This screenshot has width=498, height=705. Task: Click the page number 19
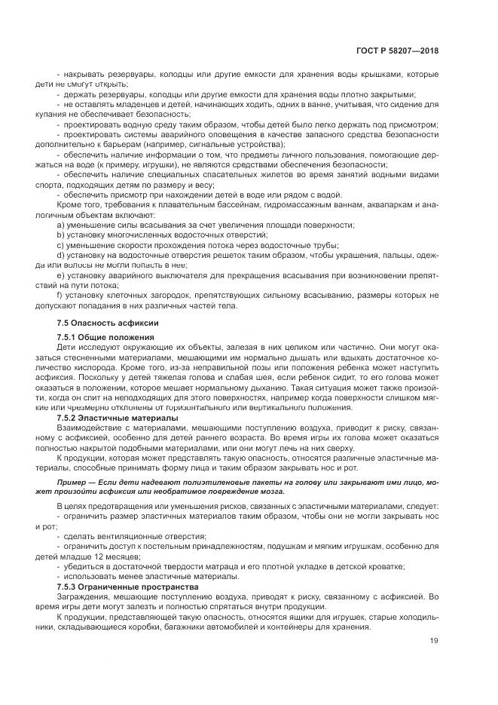coord(434,641)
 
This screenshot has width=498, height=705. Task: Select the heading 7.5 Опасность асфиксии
coord(97,323)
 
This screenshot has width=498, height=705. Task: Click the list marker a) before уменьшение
coord(60,225)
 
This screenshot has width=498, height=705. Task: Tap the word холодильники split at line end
coord(407,615)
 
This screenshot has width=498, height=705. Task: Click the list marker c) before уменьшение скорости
coord(60,246)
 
